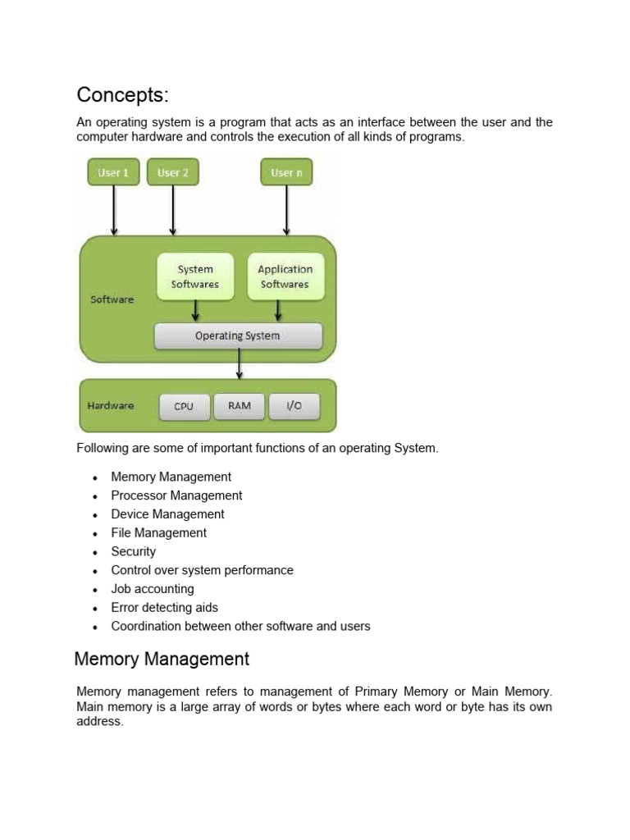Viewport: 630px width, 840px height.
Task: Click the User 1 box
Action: click(113, 172)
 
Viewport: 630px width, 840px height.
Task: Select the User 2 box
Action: click(173, 172)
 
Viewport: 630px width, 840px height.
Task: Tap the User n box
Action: click(286, 172)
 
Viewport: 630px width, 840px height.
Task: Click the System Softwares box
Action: click(195, 276)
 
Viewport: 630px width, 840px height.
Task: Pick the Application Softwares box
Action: click(285, 276)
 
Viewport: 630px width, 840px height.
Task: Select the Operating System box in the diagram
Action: click(239, 336)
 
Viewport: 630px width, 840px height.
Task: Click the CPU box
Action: click(185, 407)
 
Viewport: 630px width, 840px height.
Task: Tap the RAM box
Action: click(240, 406)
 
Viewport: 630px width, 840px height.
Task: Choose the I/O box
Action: click(294, 406)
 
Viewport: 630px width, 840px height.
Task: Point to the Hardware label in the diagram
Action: click(111, 405)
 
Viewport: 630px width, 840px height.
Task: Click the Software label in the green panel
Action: click(112, 299)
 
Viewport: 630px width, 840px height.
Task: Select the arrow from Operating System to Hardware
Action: click(239, 364)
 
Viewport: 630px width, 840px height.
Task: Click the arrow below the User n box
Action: click(286, 211)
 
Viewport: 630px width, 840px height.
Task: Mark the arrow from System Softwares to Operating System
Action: click(195, 311)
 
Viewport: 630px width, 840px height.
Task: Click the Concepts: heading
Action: click(123, 95)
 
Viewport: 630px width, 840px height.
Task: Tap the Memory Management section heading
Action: click(162, 659)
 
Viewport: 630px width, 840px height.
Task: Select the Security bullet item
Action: click(134, 552)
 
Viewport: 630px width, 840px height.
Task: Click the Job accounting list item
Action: click(153, 589)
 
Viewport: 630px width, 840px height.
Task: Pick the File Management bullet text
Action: click(158, 533)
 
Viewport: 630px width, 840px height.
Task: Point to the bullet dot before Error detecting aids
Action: click(95, 609)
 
